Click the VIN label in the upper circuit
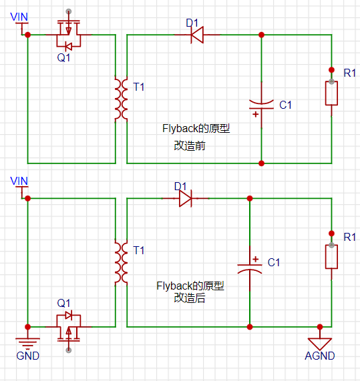19,17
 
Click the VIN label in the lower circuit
19,181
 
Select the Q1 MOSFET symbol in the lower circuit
69,326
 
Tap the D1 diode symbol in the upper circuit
197,35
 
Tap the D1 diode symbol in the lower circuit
186,199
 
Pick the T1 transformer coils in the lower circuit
121,262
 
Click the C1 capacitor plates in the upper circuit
262,105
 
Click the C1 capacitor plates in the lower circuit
250,268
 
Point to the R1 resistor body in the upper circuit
331,93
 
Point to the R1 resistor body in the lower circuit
331,257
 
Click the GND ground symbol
28,342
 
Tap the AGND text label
320,356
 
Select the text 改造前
190,145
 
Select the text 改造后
190,298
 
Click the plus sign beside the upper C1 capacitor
255,114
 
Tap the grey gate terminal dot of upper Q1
69,11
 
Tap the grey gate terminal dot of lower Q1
69,350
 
